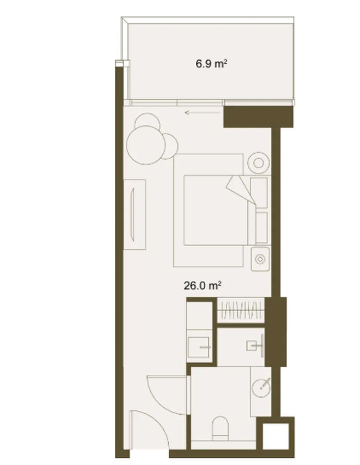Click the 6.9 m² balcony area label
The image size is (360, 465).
click(211, 64)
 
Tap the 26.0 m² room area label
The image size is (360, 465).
click(202, 285)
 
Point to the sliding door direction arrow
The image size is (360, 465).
click(202, 112)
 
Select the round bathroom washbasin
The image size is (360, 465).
click(261, 387)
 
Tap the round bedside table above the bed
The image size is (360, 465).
click(258, 163)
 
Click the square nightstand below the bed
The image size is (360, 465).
click(260, 259)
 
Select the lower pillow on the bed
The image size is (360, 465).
click(261, 227)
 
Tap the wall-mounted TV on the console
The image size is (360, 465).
click(133, 214)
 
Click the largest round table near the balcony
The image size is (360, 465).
click(146, 145)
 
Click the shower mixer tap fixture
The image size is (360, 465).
click(256, 346)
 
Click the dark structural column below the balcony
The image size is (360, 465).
click(258, 117)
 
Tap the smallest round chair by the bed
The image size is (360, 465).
click(170, 146)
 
